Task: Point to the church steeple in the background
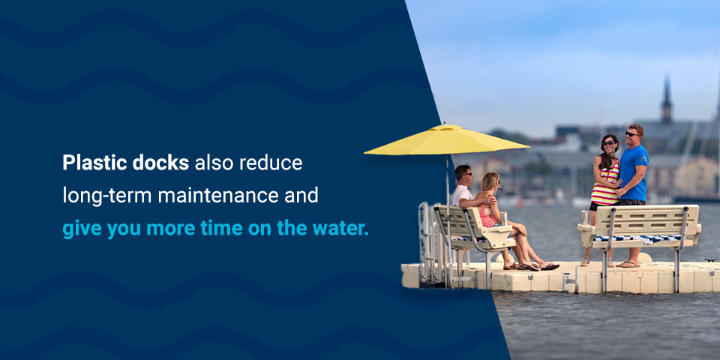pyautogui.click(x=666, y=101)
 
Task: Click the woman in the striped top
pyautogui.click(x=605, y=180)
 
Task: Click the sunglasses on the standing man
pyautogui.click(x=631, y=134)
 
